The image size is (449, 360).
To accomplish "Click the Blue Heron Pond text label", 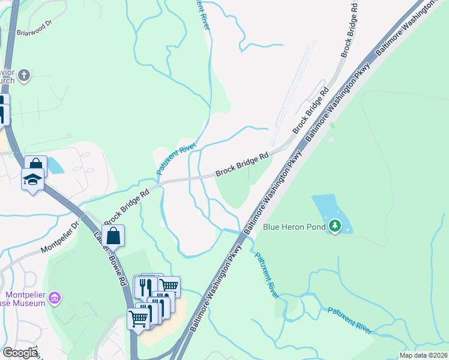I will click(x=294, y=227).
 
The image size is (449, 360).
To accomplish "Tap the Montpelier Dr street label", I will click(x=59, y=239).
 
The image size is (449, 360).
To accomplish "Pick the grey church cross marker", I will click(x=23, y=75).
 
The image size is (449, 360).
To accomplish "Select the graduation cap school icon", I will click(x=32, y=179).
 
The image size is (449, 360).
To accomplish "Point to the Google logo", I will click(x=20, y=353).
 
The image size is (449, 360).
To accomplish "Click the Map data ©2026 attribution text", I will click(x=424, y=355).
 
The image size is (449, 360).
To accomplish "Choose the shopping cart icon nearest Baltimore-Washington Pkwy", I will click(x=169, y=286).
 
